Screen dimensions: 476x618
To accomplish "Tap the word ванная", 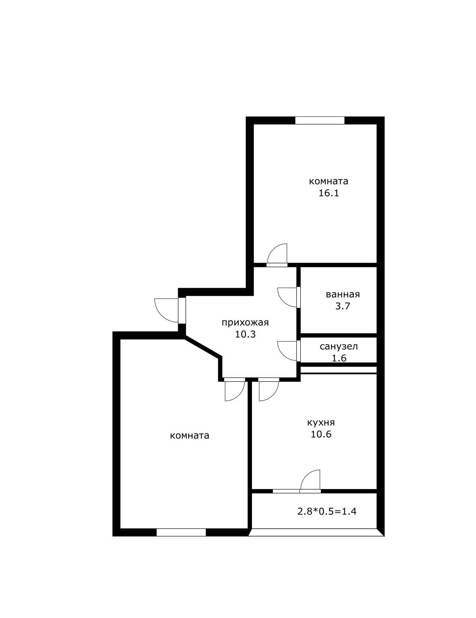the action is (343, 294).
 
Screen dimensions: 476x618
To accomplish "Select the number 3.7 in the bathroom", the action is (343, 306).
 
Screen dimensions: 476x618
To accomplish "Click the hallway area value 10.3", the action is (245, 334).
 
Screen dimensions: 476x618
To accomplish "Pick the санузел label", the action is (338, 346).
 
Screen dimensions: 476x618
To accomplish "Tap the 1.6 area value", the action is (339, 358).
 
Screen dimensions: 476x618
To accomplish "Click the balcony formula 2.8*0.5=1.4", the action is (326, 512).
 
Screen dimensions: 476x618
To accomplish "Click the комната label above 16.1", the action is (329, 181).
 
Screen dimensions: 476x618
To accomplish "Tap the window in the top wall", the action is (320, 120).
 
